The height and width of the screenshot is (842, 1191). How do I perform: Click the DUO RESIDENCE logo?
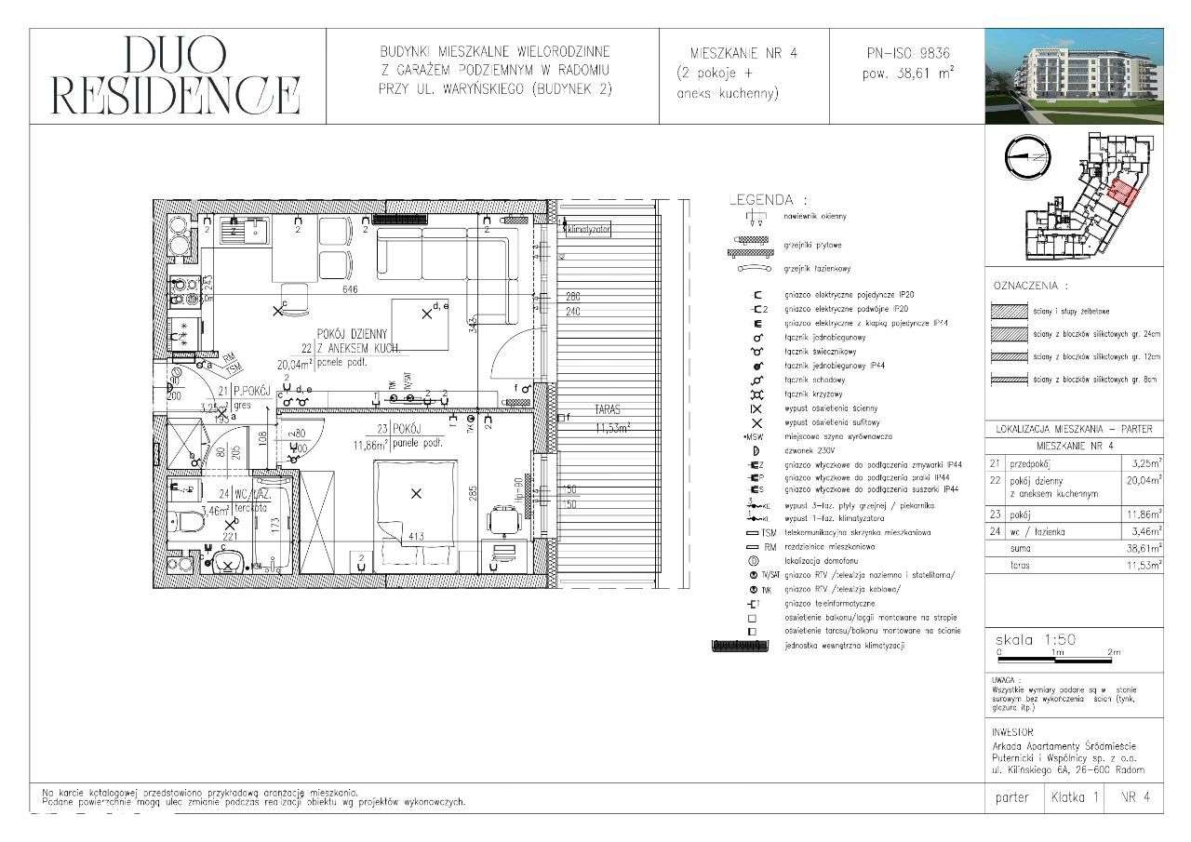176,75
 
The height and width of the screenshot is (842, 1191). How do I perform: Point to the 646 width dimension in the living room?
350,291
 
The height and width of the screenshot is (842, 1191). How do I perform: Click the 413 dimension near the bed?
415,535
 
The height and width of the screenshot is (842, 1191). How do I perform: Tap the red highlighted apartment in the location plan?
1123,193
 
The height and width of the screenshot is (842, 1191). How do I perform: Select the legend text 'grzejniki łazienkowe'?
820,268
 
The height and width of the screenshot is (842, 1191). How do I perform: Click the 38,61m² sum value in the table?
1132,549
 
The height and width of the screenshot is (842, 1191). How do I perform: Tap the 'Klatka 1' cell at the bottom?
1075,797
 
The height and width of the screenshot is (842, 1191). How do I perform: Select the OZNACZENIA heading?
1031,286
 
